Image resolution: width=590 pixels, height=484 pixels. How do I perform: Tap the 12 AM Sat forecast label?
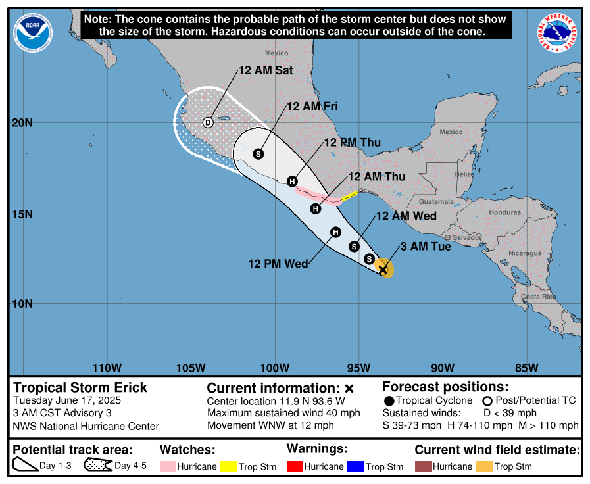tap(265, 70)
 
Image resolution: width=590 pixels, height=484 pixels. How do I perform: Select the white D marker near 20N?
tap(208, 122)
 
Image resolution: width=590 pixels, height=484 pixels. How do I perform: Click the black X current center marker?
tap(383, 269)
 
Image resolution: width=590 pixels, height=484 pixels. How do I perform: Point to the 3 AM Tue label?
tap(426, 247)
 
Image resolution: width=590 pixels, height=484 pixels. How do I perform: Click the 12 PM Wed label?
tap(278, 264)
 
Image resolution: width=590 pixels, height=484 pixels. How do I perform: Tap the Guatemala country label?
tap(436, 202)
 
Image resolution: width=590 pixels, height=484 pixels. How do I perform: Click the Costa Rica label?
tap(539, 297)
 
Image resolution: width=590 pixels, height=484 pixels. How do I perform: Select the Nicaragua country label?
tap(524, 253)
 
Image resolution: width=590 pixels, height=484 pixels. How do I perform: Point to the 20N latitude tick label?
tap(24, 123)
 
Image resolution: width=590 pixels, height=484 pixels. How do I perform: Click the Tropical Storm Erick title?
tap(80, 387)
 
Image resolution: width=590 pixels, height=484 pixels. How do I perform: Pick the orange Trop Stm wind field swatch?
tap(485, 466)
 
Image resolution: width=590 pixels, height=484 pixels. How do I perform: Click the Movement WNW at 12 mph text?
tap(270, 425)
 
